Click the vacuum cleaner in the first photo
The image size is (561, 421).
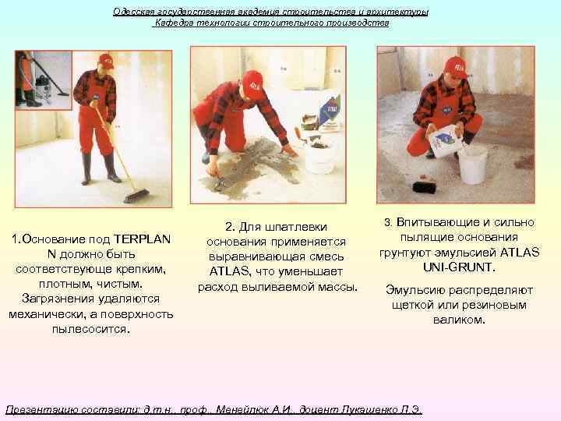point(39,79)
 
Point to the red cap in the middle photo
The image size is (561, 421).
point(252,80)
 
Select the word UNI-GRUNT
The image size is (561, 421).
point(459,267)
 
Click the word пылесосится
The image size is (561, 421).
point(90,328)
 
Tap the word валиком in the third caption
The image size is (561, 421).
point(459,320)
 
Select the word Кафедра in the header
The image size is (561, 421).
point(176,23)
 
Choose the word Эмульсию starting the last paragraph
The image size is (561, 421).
point(414,290)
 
